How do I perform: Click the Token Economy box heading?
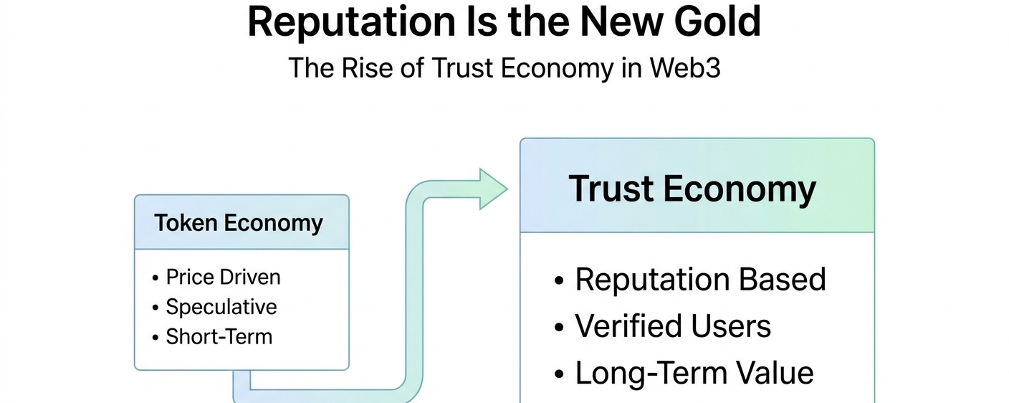[239, 223]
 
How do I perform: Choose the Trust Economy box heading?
[692, 189]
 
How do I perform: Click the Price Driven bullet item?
[223, 277]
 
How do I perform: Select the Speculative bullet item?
[221, 307]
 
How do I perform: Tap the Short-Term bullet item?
[219, 336]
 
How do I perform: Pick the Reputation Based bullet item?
[700, 280]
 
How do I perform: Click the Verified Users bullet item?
[673, 327]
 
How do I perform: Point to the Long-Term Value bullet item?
[694, 374]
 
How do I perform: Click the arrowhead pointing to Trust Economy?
[493, 189]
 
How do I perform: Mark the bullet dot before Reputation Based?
[560, 281]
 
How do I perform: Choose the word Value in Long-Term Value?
[778, 374]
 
